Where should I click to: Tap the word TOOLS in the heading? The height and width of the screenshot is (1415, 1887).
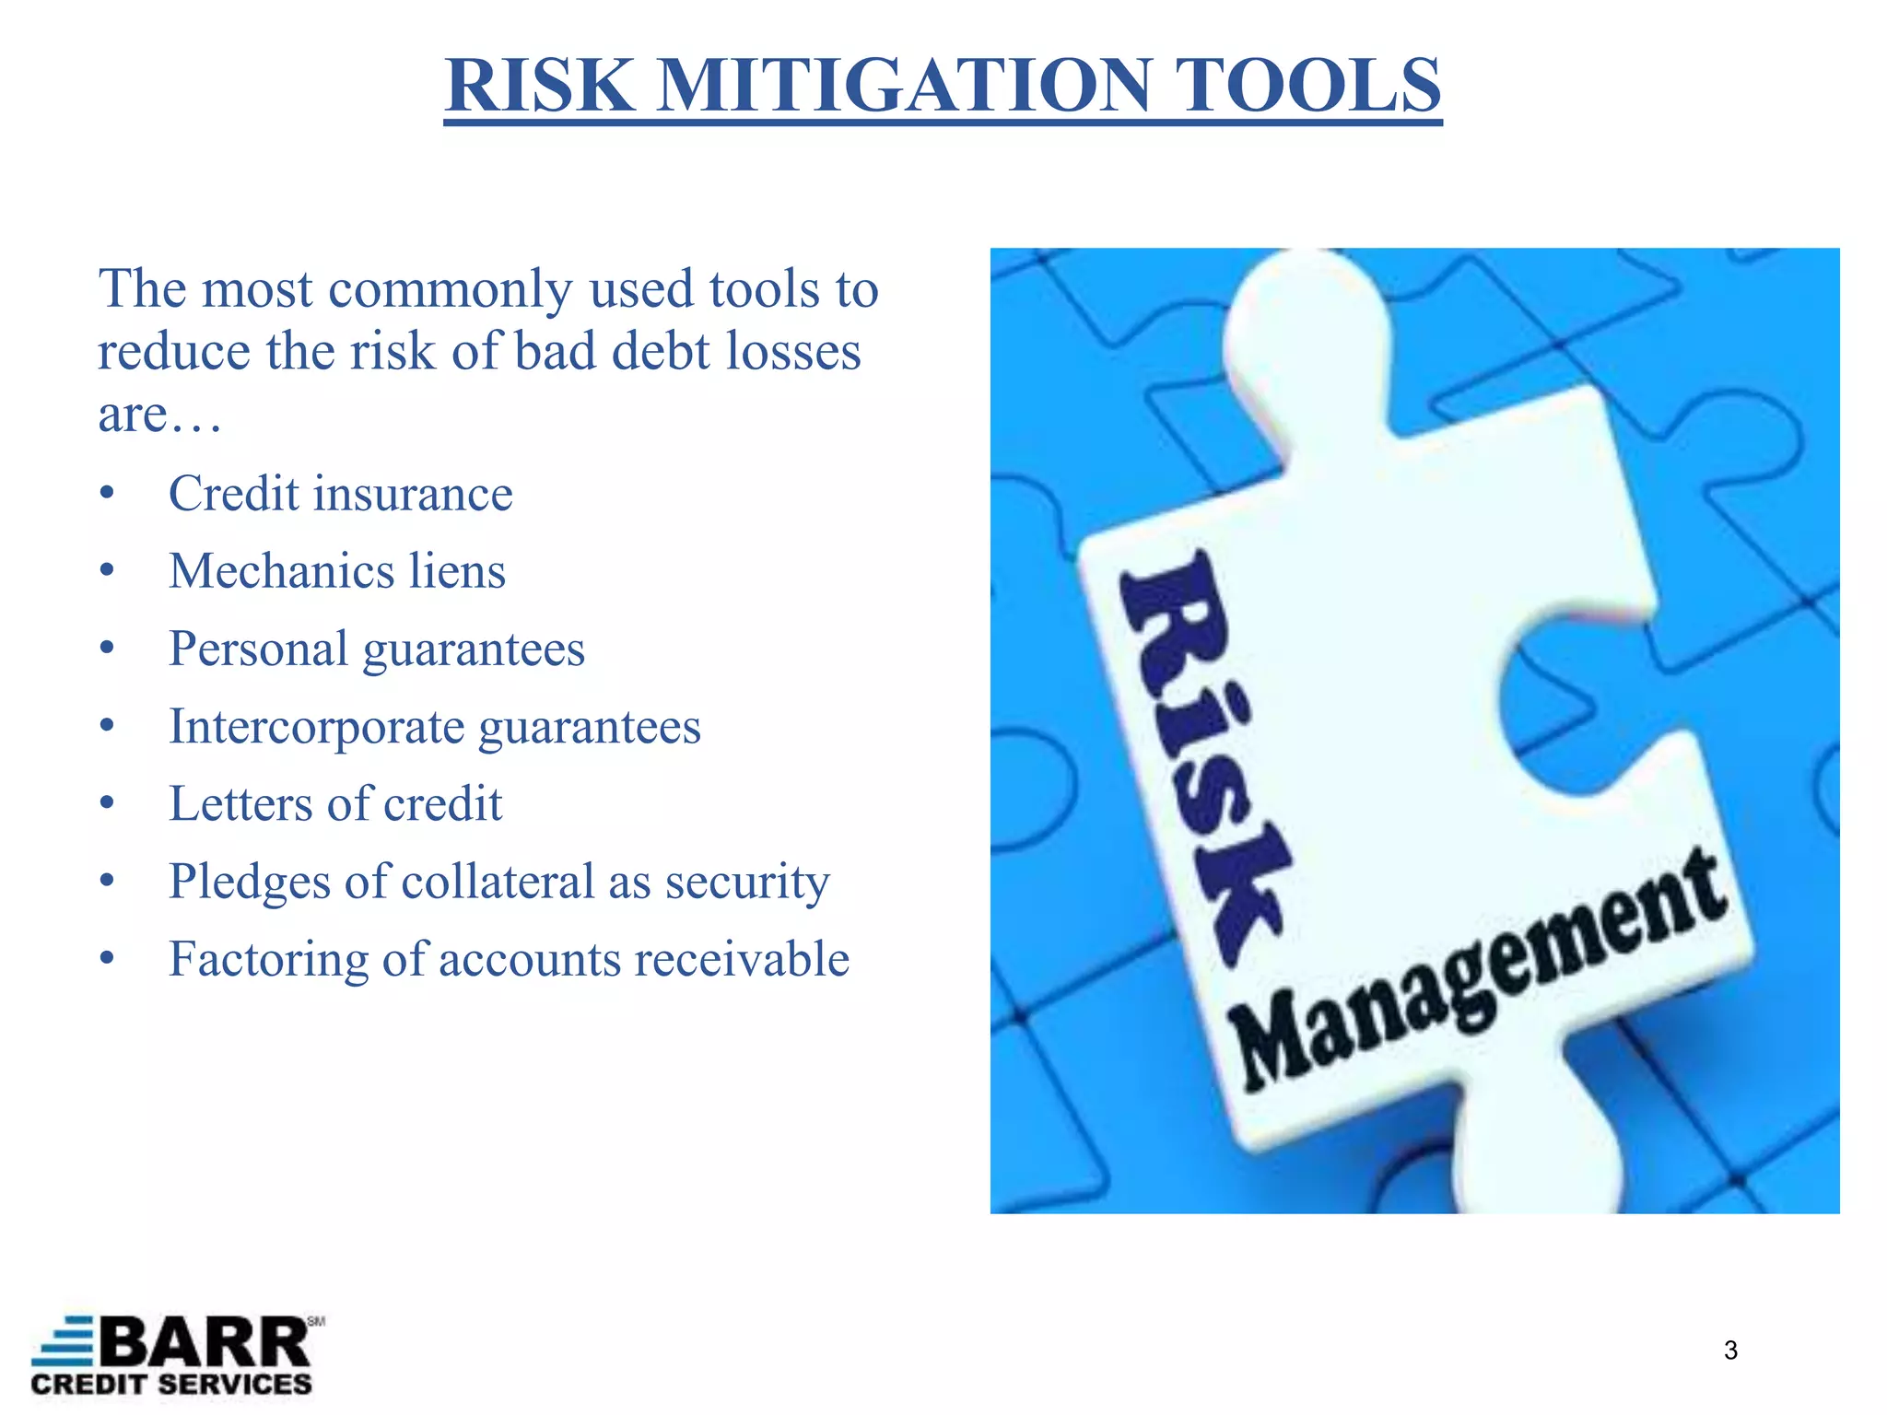coord(1309,86)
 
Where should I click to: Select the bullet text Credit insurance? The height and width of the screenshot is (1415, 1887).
coord(340,494)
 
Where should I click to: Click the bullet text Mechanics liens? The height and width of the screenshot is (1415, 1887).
coord(337,571)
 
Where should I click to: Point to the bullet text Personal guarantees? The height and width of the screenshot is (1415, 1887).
coord(377,649)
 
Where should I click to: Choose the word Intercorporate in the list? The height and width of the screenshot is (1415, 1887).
coord(317,727)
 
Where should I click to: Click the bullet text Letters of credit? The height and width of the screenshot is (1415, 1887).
coord(335,804)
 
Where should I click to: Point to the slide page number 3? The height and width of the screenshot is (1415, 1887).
coord(1730,1351)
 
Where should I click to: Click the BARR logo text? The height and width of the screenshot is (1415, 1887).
coord(205,1343)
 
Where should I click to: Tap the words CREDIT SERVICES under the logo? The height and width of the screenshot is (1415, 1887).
coord(171,1385)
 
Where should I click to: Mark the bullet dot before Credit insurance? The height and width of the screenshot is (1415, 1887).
coord(108,495)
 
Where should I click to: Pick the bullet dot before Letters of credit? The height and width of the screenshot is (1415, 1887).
coord(108,805)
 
